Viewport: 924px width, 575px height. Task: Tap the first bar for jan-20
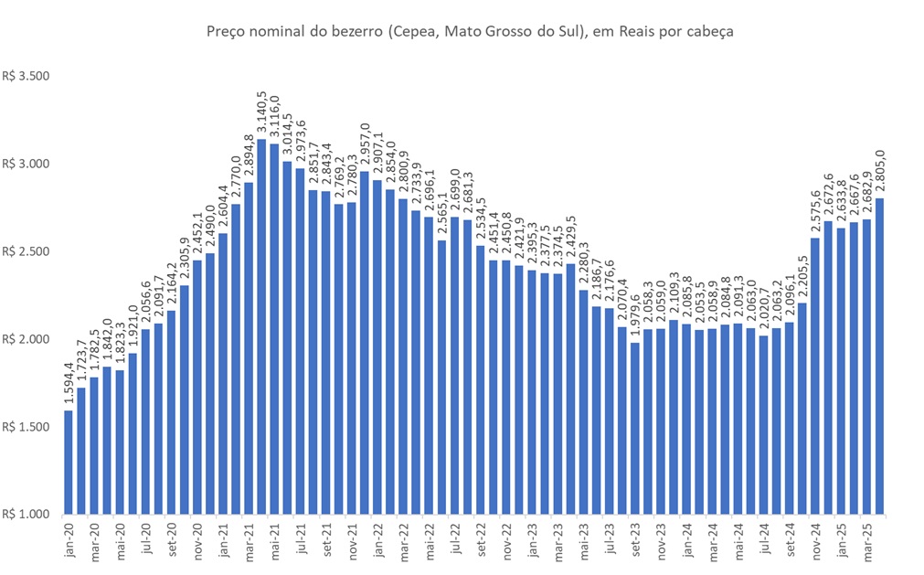pos(68,462)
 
